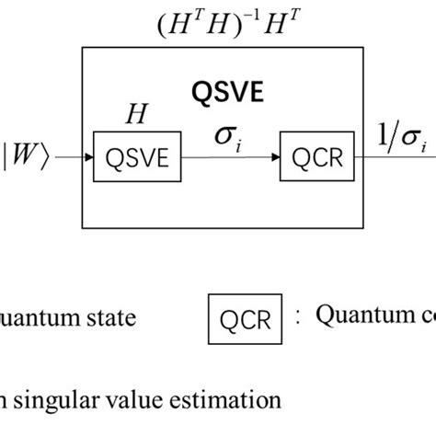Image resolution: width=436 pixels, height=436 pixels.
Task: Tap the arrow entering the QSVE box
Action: pyautogui.click(x=74, y=157)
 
